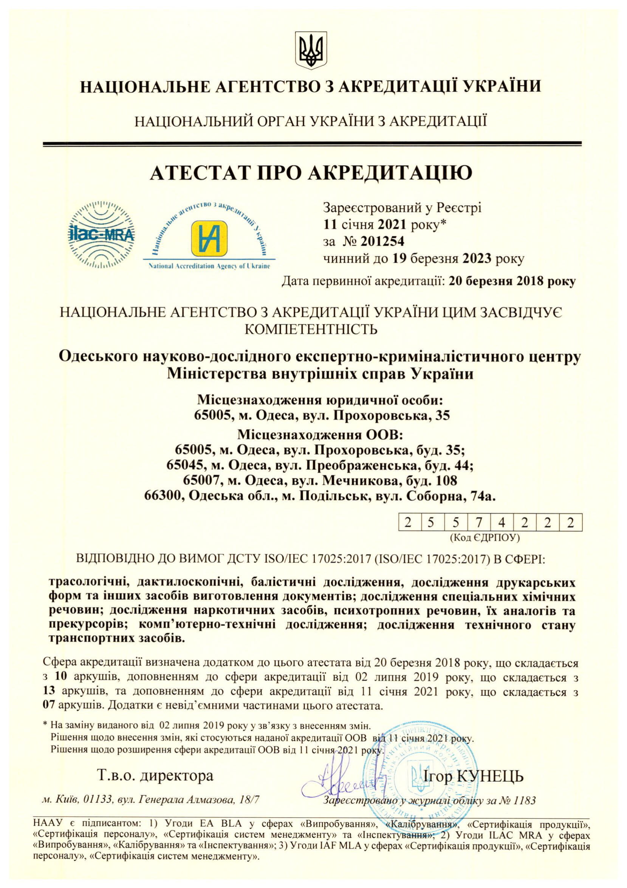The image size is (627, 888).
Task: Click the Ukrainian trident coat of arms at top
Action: (311, 50)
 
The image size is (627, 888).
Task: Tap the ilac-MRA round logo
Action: (102, 234)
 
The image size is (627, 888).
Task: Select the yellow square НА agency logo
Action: (209, 238)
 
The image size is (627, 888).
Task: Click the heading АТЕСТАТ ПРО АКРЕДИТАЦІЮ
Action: (311, 173)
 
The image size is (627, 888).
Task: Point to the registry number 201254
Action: (382, 241)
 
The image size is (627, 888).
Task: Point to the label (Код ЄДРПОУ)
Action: (485, 537)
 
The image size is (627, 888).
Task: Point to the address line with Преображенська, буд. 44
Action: (320, 465)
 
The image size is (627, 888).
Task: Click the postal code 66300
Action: (163, 496)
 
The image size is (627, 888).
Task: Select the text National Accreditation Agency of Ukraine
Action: (209, 267)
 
